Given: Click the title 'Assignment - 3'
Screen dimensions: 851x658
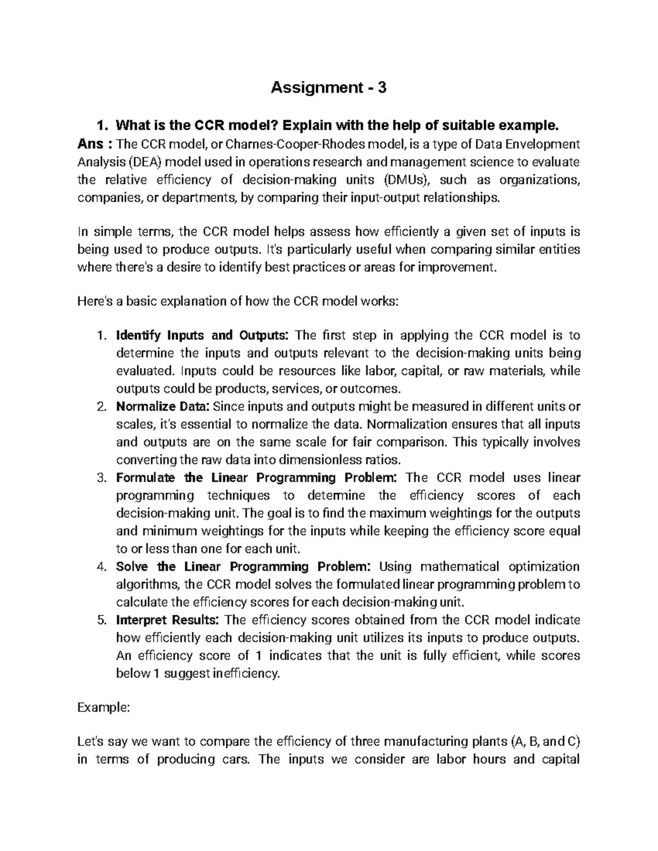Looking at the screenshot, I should (328, 87).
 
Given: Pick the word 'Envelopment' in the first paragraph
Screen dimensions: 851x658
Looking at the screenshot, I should (547, 145).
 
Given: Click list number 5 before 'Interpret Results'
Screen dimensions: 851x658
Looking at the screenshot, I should (100, 620).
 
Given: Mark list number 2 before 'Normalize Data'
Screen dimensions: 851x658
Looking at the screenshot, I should (100, 407).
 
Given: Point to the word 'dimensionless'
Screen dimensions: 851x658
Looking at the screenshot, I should (319, 460).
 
